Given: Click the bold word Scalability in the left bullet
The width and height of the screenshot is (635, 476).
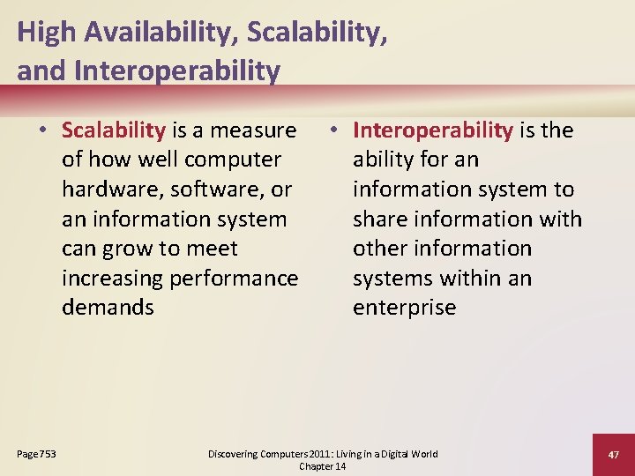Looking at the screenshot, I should click(x=114, y=130).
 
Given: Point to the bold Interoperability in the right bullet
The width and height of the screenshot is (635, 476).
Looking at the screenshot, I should click(x=433, y=130).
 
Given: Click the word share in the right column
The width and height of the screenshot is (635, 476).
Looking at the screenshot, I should click(x=381, y=219).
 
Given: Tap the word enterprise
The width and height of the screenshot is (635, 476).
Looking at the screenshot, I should click(x=405, y=308).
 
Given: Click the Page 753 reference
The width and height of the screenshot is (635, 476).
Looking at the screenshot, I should click(x=36, y=454).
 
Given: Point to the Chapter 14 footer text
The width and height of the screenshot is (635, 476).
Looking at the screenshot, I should click(x=323, y=465).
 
